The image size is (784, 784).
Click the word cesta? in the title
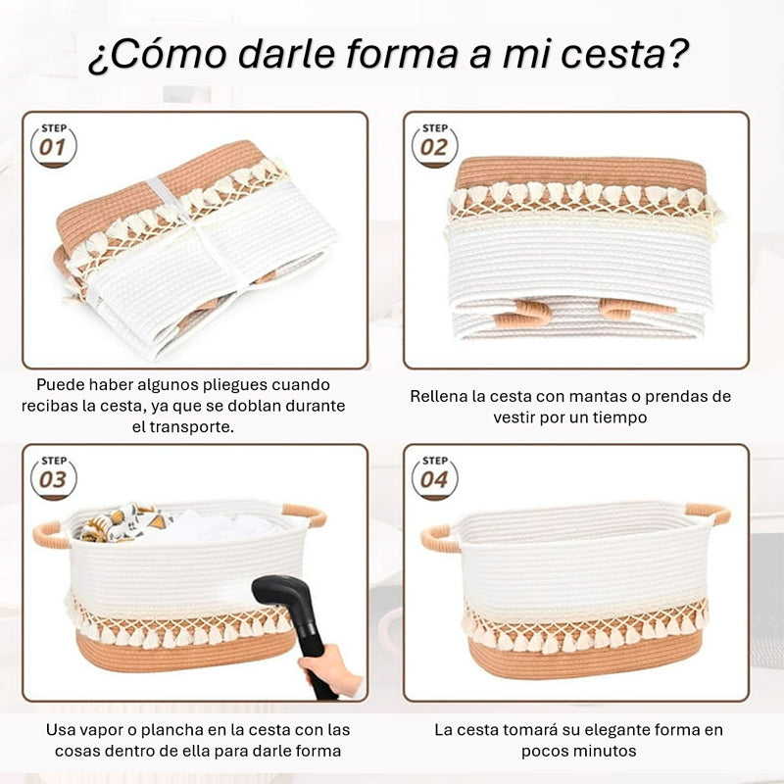click(x=619, y=55)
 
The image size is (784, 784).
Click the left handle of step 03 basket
click(x=50, y=535)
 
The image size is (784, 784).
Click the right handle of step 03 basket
click(x=306, y=513)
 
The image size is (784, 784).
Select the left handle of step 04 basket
click(x=440, y=538)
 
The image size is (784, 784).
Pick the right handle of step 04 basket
click(x=708, y=513)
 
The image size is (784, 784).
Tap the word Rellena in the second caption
click(x=438, y=397)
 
